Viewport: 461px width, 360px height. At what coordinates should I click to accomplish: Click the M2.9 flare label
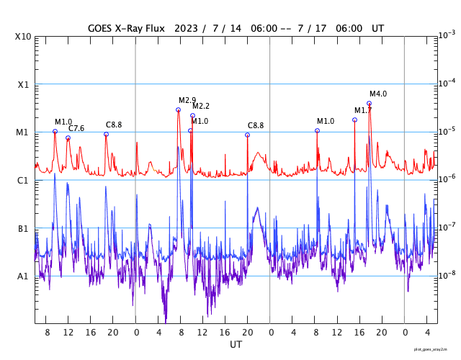click(187, 100)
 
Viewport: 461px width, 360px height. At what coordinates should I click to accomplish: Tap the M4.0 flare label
click(378, 94)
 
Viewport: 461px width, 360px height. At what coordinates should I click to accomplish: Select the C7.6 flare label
click(76, 128)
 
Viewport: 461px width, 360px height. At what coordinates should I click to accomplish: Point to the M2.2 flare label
click(200, 107)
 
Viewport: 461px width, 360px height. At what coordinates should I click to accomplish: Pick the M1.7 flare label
click(362, 110)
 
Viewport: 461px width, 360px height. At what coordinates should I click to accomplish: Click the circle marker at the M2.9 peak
click(178, 110)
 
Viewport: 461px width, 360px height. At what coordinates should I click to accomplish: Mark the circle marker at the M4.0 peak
click(370, 104)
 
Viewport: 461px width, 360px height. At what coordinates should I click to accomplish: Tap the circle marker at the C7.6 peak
click(68, 138)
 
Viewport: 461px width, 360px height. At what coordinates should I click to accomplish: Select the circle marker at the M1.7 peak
click(354, 120)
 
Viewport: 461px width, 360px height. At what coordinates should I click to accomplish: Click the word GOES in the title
click(102, 27)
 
